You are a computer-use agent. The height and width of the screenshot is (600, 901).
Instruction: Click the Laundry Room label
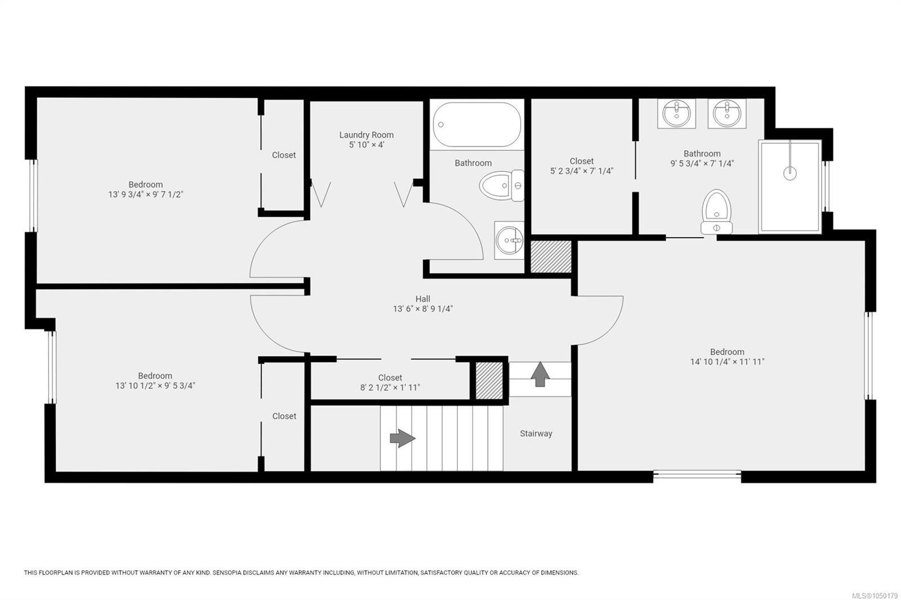pyautogui.click(x=366, y=135)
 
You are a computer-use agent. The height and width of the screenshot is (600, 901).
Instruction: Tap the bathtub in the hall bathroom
pyautogui.click(x=476, y=124)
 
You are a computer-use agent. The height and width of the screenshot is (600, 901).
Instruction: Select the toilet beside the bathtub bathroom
pyautogui.click(x=502, y=185)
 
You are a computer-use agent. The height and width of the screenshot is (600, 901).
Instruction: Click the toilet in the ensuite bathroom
pyautogui.click(x=716, y=212)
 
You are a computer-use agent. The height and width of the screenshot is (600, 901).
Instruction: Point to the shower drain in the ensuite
pyautogui.click(x=790, y=173)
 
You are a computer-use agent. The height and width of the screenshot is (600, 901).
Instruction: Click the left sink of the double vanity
pyautogui.click(x=676, y=113)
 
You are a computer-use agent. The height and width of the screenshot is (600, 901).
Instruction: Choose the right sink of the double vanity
pyautogui.click(x=727, y=113)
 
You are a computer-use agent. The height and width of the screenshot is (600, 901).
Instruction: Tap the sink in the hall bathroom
pyautogui.click(x=509, y=240)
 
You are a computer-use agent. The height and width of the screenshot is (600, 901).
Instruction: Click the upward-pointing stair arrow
pyautogui.click(x=540, y=374)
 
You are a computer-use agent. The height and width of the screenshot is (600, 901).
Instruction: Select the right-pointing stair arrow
pyautogui.click(x=403, y=438)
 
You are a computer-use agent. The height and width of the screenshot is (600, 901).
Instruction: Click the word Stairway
pyautogui.click(x=536, y=433)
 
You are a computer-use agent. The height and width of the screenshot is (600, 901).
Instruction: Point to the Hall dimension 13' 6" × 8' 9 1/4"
pyautogui.click(x=423, y=309)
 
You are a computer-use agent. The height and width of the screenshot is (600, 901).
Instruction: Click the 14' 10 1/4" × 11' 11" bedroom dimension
pyautogui.click(x=727, y=361)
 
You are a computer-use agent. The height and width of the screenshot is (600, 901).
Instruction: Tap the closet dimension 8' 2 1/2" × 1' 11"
pyautogui.click(x=390, y=387)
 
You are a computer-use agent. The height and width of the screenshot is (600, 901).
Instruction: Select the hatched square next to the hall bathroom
pyautogui.click(x=551, y=257)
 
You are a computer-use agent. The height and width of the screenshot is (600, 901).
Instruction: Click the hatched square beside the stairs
pyautogui.click(x=489, y=380)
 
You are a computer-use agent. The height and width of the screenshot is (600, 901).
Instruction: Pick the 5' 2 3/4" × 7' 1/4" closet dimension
pyautogui.click(x=582, y=171)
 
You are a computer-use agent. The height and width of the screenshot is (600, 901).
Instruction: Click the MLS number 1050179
pyautogui.click(x=883, y=595)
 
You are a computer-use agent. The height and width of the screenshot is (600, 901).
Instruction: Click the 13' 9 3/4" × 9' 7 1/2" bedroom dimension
pyautogui.click(x=146, y=194)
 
